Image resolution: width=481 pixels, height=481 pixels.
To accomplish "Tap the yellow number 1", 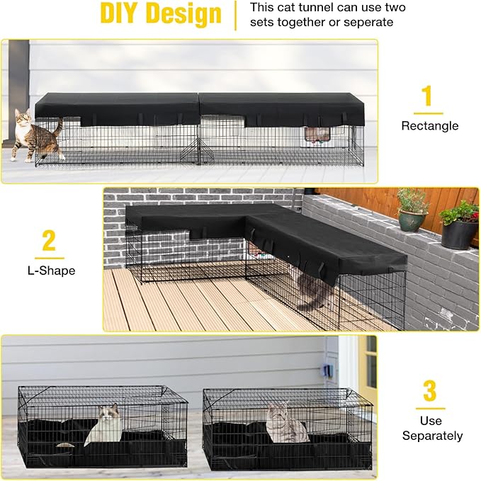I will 427,97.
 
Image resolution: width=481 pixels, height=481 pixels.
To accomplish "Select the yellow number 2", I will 48,241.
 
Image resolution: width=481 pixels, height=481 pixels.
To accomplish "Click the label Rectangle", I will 429,126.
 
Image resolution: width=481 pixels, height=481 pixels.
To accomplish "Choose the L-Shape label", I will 48,271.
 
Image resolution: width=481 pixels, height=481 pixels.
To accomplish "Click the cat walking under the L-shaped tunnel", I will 312,290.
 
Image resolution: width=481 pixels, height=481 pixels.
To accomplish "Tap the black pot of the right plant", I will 458,234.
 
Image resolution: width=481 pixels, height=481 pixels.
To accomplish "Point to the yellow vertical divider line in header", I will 235,16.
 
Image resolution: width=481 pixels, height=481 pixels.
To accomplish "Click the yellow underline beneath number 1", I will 428,113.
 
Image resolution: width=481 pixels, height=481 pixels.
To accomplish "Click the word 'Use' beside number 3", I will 430,421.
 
